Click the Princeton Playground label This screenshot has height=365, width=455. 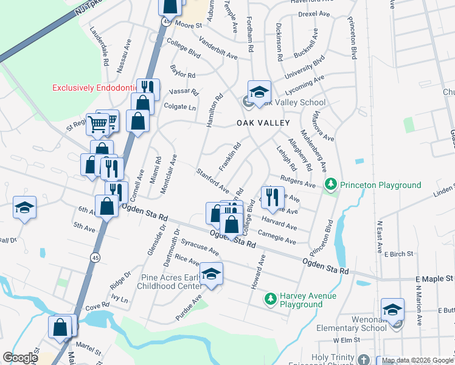(x=380, y=185)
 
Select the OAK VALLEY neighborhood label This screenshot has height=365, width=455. (x=262, y=123)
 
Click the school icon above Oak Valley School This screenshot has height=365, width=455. (x=260, y=92)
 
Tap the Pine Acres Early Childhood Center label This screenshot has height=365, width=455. (x=171, y=282)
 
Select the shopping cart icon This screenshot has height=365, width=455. (x=97, y=124)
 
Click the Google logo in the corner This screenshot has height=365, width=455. (x=20, y=358)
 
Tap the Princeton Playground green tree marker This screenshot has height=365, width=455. (x=331, y=184)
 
